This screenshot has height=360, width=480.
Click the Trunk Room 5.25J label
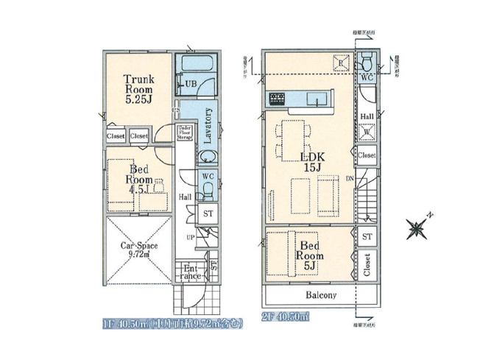pyautogui.click(x=138, y=88)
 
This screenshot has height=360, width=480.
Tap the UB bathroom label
pyautogui.click(x=190, y=83)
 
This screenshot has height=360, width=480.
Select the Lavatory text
pyautogui.click(x=208, y=124)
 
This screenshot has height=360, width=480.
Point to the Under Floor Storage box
pyautogui.click(x=185, y=133)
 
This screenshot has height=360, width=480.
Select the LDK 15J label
pyautogui.click(x=310, y=162)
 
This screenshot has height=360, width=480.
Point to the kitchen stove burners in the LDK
pyautogui.click(x=278, y=99)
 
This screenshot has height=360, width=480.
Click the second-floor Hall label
pyautogui.click(x=367, y=116)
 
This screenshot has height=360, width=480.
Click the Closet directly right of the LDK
pyautogui.click(x=367, y=155)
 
